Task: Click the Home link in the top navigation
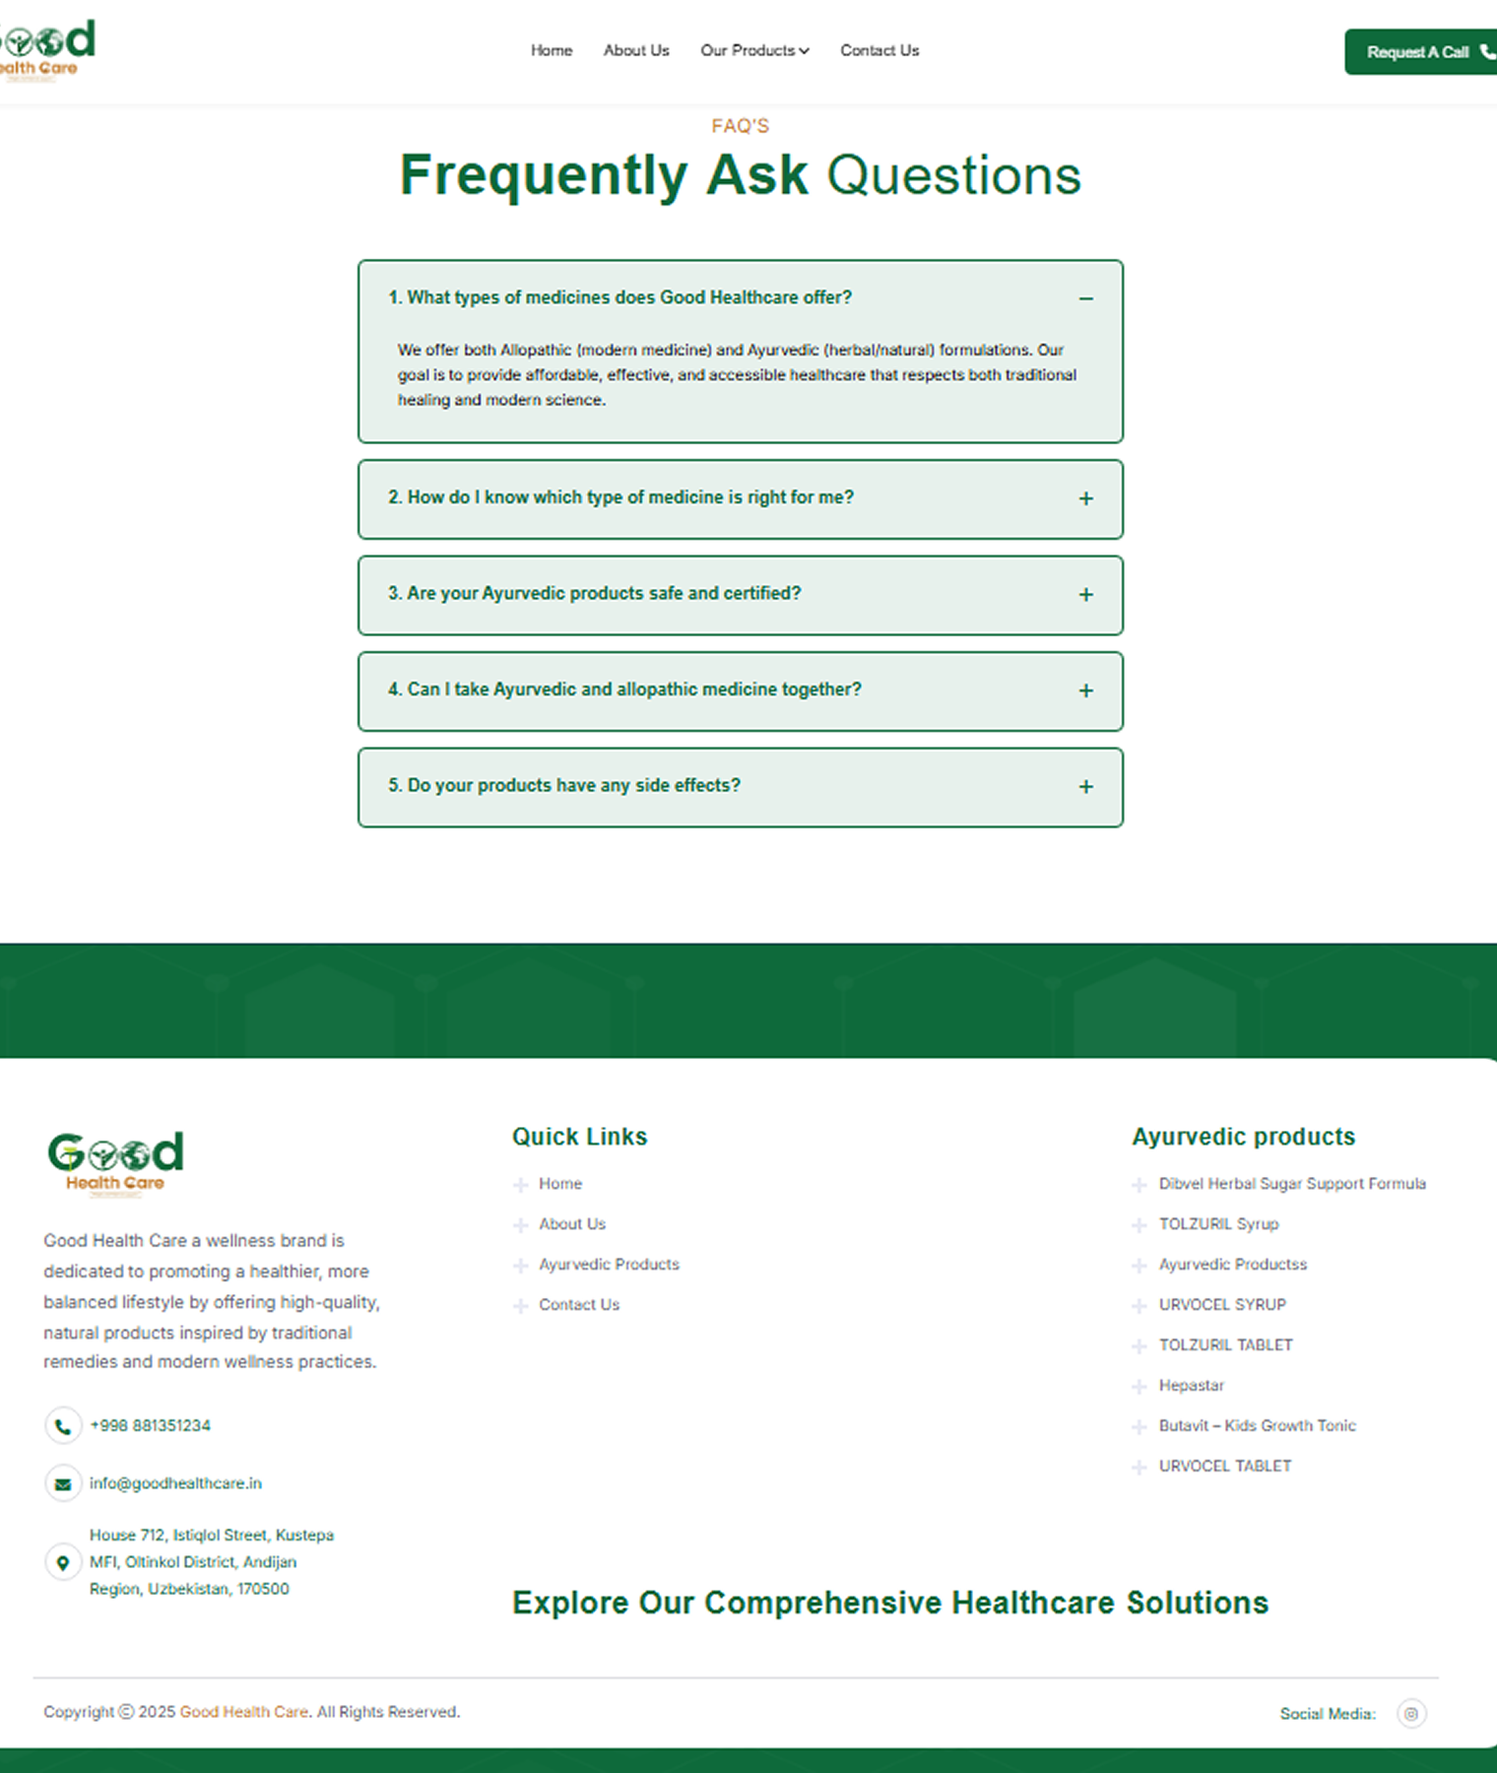[552, 50]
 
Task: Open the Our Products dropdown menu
[754, 50]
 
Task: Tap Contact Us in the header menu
[879, 50]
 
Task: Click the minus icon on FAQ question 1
[1085, 298]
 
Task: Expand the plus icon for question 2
[1085, 498]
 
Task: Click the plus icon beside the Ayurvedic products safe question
[1085, 595]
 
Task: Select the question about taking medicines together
[624, 689]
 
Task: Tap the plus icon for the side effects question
[1085, 787]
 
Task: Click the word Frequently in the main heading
[543, 175]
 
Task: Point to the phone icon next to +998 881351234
[63, 1425]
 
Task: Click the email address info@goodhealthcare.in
[175, 1483]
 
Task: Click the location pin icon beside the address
[63, 1562]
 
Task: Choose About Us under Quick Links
[572, 1224]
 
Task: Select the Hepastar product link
[1191, 1386]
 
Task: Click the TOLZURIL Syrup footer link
[1218, 1224]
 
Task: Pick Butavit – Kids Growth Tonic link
[1257, 1426]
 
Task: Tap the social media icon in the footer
[1411, 1714]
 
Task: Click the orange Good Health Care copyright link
[244, 1712]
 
